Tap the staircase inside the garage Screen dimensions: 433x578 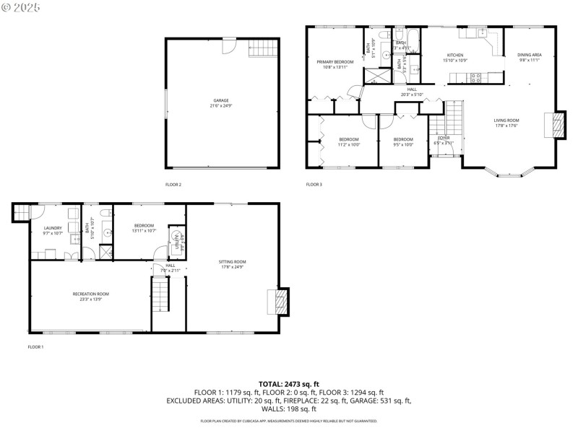(x=263, y=49)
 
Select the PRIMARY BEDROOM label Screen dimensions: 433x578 (x=335, y=63)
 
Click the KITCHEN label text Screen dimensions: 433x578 (x=454, y=56)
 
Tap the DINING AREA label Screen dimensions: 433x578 (x=529, y=56)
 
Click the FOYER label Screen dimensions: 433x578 (x=443, y=138)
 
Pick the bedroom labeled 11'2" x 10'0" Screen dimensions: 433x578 (x=349, y=139)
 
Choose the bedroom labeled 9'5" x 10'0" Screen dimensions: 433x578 (x=403, y=139)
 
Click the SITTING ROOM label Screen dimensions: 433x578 (x=233, y=262)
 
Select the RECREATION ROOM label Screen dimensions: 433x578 (x=90, y=294)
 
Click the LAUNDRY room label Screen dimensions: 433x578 (x=53, y=228)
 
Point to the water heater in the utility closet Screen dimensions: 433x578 (x=174, y=235)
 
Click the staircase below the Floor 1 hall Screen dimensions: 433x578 (x=160, y=296)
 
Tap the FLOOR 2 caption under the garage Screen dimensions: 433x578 (x=173, y=185)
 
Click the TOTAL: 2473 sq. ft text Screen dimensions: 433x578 (x=288, y=384)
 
